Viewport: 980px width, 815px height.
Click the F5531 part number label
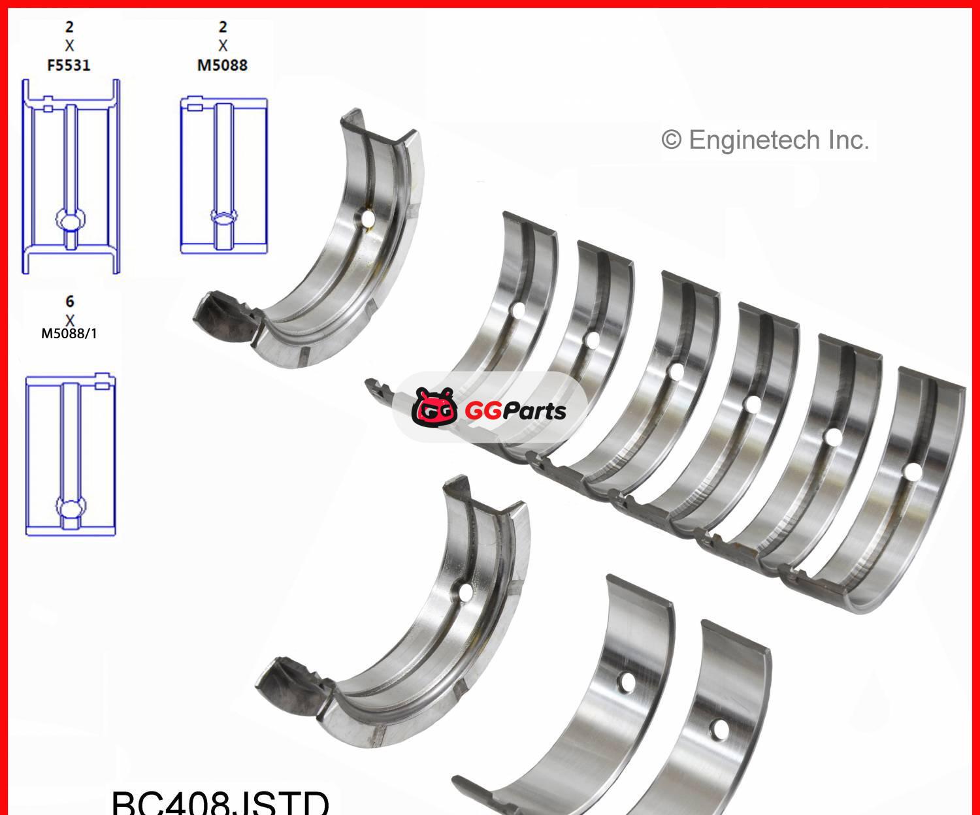point(69,65)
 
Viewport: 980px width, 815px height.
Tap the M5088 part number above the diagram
point(222,65)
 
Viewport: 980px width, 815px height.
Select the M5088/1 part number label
point(69,334)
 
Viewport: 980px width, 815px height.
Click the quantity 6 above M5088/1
point(69,301)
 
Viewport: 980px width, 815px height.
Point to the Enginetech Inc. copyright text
point(765,140)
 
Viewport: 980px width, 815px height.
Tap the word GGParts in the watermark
point(515,411)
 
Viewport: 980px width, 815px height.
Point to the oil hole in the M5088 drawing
point(223,217)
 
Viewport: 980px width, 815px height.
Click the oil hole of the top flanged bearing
point(368,217)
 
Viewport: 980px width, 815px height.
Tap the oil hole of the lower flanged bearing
point(465,592)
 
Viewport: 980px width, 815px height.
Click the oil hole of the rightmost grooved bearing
point(913,471)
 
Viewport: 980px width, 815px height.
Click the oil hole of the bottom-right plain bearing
point(719,729)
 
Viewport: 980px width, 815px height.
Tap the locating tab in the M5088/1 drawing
point(102,385)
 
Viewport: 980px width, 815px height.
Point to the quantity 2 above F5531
point(69,27)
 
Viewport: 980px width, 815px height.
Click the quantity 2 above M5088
point(222,27)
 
